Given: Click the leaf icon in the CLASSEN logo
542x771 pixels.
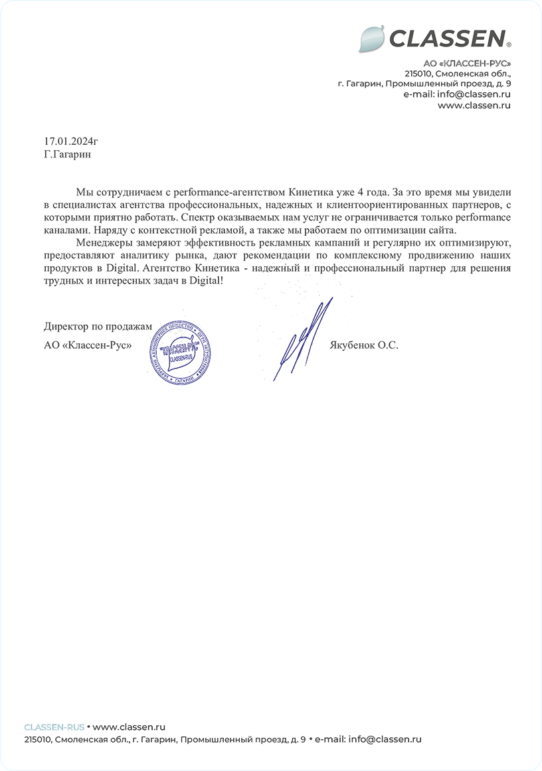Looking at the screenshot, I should coord(371,39).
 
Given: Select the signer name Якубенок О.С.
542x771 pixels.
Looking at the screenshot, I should coord(363,345).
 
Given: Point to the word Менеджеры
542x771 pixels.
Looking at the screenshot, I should coord(105,242).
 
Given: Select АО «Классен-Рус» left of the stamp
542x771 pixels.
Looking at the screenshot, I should coord(88,345).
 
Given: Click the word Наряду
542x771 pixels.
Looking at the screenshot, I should coord(112,230).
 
